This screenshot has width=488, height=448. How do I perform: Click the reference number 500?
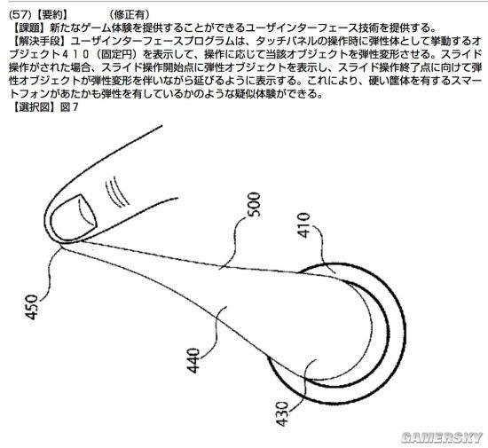click(x=255, y=204)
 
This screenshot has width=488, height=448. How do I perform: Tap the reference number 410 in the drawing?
click(x=303, y=225)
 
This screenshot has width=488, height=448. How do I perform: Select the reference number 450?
click(x=31, y=307)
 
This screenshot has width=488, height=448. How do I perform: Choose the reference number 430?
click(x=282, y=413)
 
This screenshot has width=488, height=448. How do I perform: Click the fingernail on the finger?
click(x=74, y=217)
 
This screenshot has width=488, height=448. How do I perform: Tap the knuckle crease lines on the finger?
click(x=117, y=192)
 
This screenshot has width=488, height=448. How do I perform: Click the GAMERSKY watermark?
click(x=442, y=437)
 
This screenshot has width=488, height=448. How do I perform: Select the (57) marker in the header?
click(x=20, y=14)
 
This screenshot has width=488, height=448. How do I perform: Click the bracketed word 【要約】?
click(x=50, y=14)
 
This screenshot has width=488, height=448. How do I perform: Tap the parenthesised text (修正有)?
click(x=130, y=14)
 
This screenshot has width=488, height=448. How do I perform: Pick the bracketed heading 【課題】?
click(x=29, y=28)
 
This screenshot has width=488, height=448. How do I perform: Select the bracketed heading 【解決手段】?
click(x=40, y=41)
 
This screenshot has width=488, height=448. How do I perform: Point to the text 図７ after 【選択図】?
click(x=69, y=107)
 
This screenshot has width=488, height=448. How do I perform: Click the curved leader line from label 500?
click(x=234, y=241)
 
